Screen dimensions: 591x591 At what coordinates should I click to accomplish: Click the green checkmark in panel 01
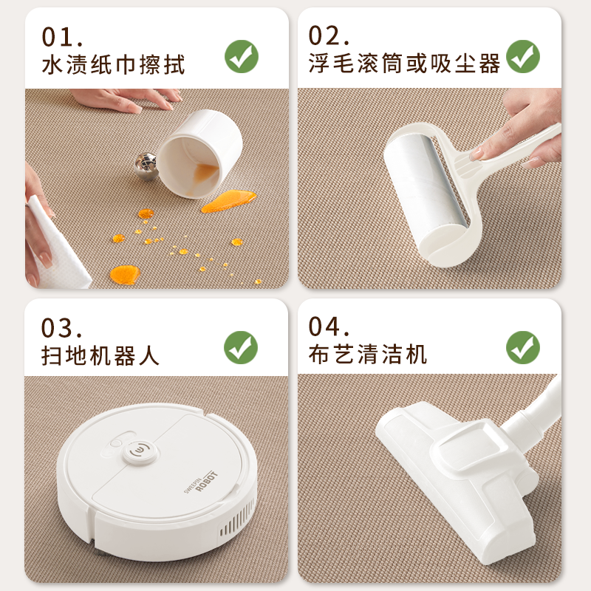(242, 57)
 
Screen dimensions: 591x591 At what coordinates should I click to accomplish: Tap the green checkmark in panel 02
(523, 57)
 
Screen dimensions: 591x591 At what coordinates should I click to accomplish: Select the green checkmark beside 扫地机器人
(241, 347)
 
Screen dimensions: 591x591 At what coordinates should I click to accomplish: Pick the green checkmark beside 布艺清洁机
(523, 347)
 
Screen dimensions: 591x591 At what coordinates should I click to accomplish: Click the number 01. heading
(62, 37)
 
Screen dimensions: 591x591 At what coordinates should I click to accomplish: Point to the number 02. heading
(329, 35)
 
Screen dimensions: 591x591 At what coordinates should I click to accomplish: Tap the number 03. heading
(62, 328)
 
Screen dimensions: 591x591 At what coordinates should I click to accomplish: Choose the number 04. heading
(329, 327)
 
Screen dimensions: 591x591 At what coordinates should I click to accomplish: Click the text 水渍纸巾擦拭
(113, 65)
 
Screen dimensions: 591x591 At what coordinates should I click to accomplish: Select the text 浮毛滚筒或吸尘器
(404, 63)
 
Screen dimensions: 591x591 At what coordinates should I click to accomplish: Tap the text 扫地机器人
(100, 355)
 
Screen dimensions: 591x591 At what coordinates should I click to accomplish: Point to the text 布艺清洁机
(367, 355)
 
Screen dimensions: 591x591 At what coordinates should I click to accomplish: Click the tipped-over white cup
(199, 154)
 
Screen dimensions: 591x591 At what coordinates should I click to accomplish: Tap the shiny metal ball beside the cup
(146, 166)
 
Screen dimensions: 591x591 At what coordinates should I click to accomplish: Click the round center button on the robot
(139, 451)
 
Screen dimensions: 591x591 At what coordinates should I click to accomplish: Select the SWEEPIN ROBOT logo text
(201, 482)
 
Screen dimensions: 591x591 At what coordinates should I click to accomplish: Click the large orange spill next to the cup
(229, 201)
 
